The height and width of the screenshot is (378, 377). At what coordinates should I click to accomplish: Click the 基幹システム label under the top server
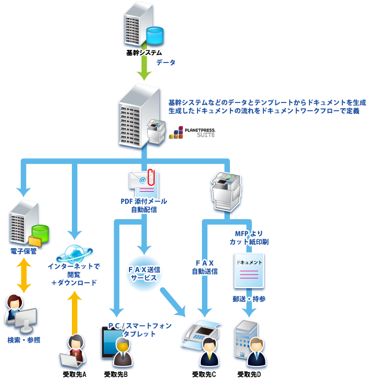144,53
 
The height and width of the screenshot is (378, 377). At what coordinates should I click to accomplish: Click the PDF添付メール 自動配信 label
144,205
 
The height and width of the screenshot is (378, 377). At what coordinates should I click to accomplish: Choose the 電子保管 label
23,251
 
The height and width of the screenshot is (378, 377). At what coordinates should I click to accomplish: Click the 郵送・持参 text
249,299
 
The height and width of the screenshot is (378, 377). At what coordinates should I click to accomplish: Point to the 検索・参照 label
24,340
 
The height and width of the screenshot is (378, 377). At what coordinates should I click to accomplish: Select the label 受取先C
204,374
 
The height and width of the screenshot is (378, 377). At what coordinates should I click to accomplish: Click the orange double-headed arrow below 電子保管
24,276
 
